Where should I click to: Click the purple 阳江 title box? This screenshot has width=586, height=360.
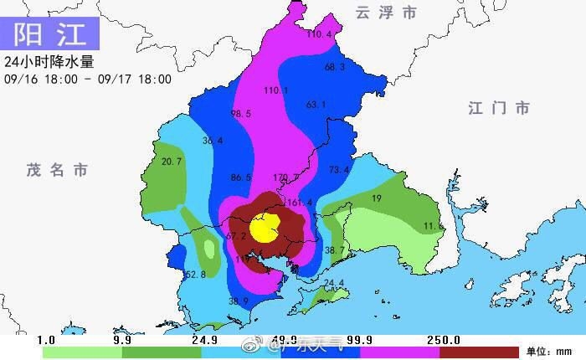52,34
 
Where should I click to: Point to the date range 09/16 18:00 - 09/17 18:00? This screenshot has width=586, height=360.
88,80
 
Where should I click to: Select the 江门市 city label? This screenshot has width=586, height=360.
499,108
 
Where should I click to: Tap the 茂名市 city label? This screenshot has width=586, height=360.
56,170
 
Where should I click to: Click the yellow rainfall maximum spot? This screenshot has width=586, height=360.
265,227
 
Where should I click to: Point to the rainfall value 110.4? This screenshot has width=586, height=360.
319,34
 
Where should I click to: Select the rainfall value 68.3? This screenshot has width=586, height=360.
335,67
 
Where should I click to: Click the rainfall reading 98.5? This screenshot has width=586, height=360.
241,114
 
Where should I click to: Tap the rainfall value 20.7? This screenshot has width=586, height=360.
172,162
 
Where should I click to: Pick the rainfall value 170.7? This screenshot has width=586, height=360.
286,177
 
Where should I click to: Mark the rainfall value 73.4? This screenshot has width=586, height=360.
338,170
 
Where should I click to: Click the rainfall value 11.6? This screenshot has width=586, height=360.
433,226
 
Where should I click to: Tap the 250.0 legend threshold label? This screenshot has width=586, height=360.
445,339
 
